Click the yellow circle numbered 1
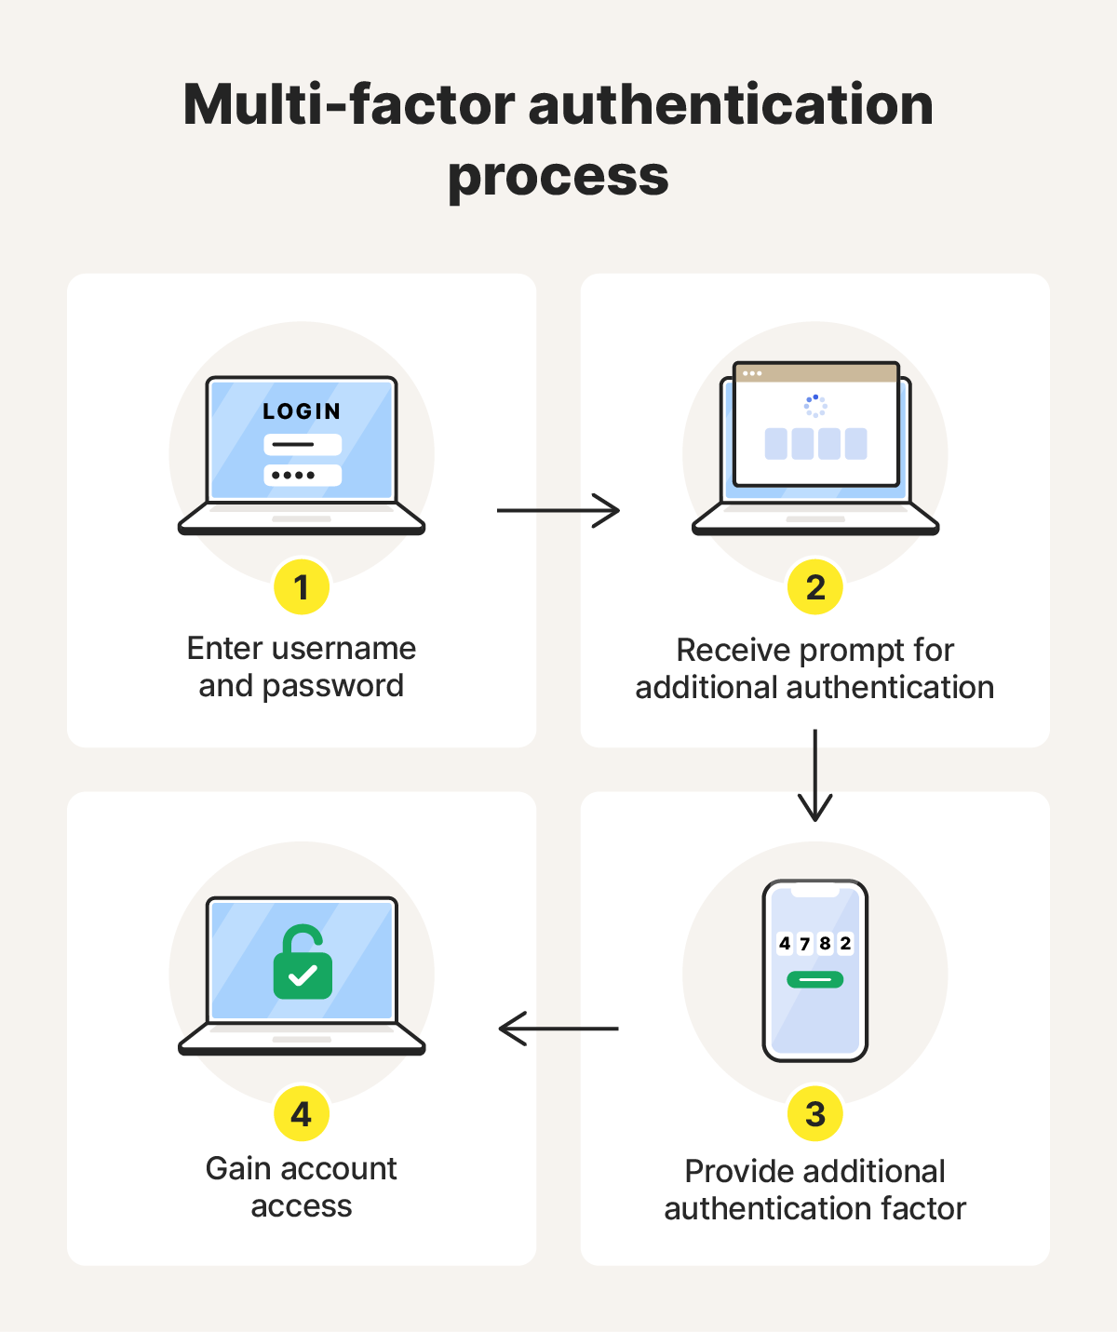pyautogui.click(x=301, y=587)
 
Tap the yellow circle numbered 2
pyautogui.click(x=815, y=587)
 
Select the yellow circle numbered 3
pyautogui.click(x=815, y=1114)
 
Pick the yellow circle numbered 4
pyautogui.click(x=301, y=1114)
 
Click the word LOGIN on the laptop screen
pyautogui.click(x=302, y=411)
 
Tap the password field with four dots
pyautogui.click(x=303, y=475)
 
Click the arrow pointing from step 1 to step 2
pyautogui.click(x=558, y=510)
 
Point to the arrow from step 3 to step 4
pyautogui.click(x=558, y=1029)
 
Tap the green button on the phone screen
pyautogui.click(x=815, y=980)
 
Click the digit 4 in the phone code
pyautogui.click(x=785, y=944)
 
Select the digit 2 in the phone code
pyautogui.click(x=845, y=944)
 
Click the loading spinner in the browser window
pyautogui.click(x=815, y=406)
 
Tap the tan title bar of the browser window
pyautogui.click(x=816, y=373)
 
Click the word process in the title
pyautogui.click(x=558, y=177)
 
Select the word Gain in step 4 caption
pyautogui.click(x=238, y=1168)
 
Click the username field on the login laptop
pyautogui.click(x=303, y=444)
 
